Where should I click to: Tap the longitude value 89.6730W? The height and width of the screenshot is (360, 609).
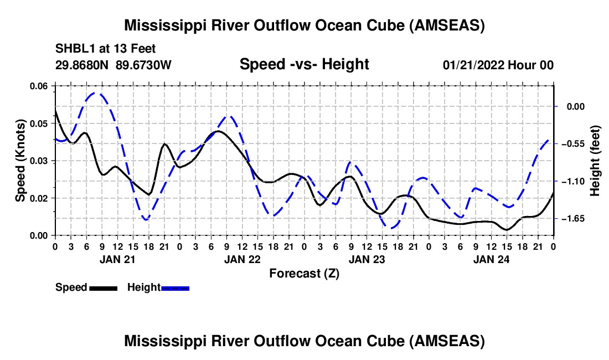pos(144,65)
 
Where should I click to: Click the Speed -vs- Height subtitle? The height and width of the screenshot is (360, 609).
pos(304,64)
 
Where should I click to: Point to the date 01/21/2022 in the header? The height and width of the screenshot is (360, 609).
pos(474,65)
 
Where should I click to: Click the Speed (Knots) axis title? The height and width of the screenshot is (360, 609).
pos(20,161)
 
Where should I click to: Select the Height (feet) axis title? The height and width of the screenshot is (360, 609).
pos(595,161)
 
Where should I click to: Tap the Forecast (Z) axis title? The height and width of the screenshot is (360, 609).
pos(304,273)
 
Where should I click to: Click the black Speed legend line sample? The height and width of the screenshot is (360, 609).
pos(103,287)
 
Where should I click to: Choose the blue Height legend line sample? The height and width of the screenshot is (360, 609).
pos(175,287)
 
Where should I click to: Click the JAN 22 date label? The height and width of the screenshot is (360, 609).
pos(242,259)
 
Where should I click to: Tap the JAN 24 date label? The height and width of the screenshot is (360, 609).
pos(491,259)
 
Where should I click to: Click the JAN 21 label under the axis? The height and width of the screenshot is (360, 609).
pos(117,259)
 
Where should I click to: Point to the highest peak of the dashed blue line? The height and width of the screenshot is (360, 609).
pos(95,93)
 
